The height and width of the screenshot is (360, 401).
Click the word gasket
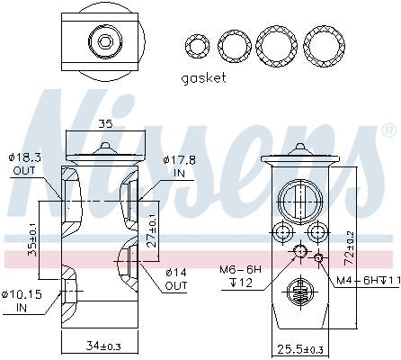pos(203,78)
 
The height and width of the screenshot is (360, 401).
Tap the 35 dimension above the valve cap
pos(105,123)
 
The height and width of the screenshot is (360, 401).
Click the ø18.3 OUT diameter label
pos(24,164)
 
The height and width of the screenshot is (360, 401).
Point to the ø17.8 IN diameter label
pos(180,166)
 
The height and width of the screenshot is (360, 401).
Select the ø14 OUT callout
pos(176,279)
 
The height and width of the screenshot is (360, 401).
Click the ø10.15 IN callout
pos(22,301)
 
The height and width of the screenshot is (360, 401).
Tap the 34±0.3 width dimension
pos(103,346)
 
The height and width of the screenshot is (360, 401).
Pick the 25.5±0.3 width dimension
pos(300,349)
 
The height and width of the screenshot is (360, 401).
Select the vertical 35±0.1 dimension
pos(32,239)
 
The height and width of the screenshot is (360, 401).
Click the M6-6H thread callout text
pos(241,276)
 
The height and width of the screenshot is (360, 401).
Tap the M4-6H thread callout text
pos(369,280)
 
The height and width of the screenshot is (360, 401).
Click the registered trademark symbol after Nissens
pos(389,130)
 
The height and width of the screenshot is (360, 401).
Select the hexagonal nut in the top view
pos(104,41)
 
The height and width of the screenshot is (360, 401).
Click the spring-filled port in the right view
pos(300,290)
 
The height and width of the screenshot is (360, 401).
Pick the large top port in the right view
pos(300,202)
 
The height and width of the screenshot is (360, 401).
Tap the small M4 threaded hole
pos(318,257)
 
